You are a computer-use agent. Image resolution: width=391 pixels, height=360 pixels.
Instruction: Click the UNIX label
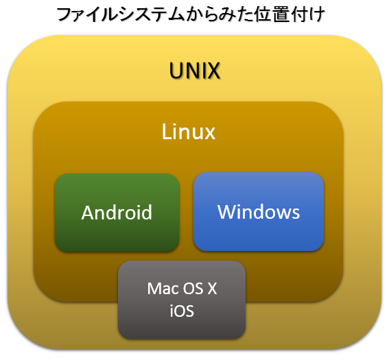point(195,71)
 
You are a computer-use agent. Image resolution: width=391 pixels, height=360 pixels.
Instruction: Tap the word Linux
point(189,132)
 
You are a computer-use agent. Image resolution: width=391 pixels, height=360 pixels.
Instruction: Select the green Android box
point(117,213)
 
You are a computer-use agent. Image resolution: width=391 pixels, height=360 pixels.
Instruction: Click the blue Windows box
point(259,212)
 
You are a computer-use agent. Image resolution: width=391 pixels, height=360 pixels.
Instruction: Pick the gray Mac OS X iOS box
point(182,300)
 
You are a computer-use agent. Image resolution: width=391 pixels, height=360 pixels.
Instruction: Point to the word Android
point(117,213)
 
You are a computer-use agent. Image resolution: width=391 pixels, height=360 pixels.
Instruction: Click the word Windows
point(259,212)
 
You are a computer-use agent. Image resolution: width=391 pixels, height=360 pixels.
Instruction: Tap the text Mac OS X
point(182,289)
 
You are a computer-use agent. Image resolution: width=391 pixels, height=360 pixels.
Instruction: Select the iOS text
point(182,311)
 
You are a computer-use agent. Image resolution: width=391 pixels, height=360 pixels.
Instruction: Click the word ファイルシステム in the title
point(120,14)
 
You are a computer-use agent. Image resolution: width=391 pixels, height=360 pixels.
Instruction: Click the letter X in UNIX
point(212,71)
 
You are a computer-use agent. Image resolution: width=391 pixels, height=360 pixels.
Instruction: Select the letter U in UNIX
point(176,71)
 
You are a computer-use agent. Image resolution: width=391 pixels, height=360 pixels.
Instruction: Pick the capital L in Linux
point(166,132)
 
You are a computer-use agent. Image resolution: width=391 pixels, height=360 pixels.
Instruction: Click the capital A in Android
point(88,213)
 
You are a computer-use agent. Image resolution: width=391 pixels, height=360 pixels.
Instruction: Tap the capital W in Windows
point(228,212)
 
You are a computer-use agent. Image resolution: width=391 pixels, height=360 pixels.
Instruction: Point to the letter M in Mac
point(154,289)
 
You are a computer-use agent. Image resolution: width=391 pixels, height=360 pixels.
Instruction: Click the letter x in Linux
point(209,134)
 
